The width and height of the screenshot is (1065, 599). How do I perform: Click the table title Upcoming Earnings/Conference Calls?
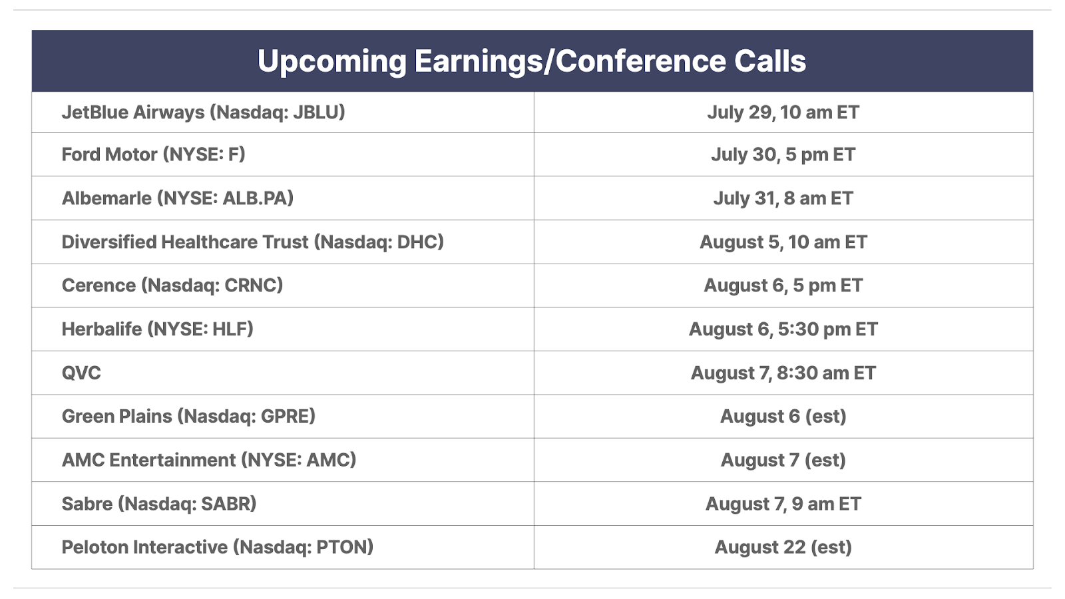click(x=532, y=61)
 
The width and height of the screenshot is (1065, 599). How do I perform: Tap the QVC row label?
click(x=81, y=373)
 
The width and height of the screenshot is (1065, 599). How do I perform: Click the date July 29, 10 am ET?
click(x=783, y=112)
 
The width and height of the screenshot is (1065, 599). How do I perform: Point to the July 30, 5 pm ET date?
click(x=783, y=155)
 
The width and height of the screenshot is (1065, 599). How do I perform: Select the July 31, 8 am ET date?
click(x=783, y=198)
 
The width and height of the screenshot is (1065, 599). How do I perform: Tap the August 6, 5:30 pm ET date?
click(x=783, y=329)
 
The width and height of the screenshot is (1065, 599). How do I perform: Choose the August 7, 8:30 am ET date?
click(x=783, y=373)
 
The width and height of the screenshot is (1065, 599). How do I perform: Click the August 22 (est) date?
click(x=783, y=547)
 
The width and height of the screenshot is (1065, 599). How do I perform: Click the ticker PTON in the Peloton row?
click(x=342, y=547)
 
